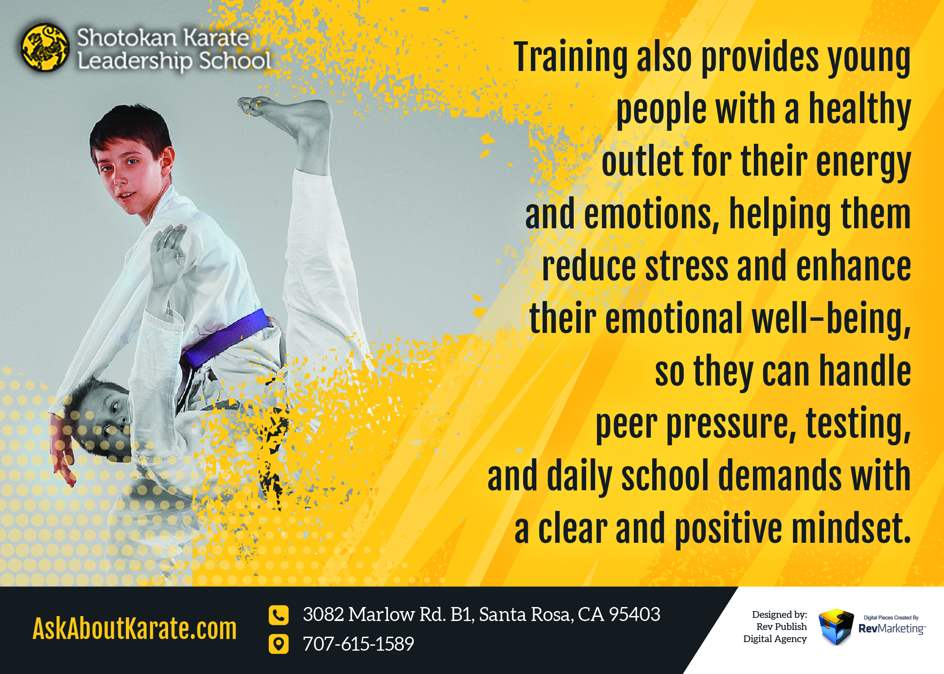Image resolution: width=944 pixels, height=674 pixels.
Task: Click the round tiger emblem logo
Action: point(45,48)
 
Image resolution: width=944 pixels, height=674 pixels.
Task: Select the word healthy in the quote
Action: point(859,109)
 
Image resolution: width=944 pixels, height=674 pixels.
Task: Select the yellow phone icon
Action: point(278,615)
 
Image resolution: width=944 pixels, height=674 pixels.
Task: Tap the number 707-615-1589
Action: point(358,644)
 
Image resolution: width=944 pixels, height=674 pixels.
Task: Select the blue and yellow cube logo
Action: point(836,626)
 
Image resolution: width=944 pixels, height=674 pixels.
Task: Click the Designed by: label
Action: point(779,614)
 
